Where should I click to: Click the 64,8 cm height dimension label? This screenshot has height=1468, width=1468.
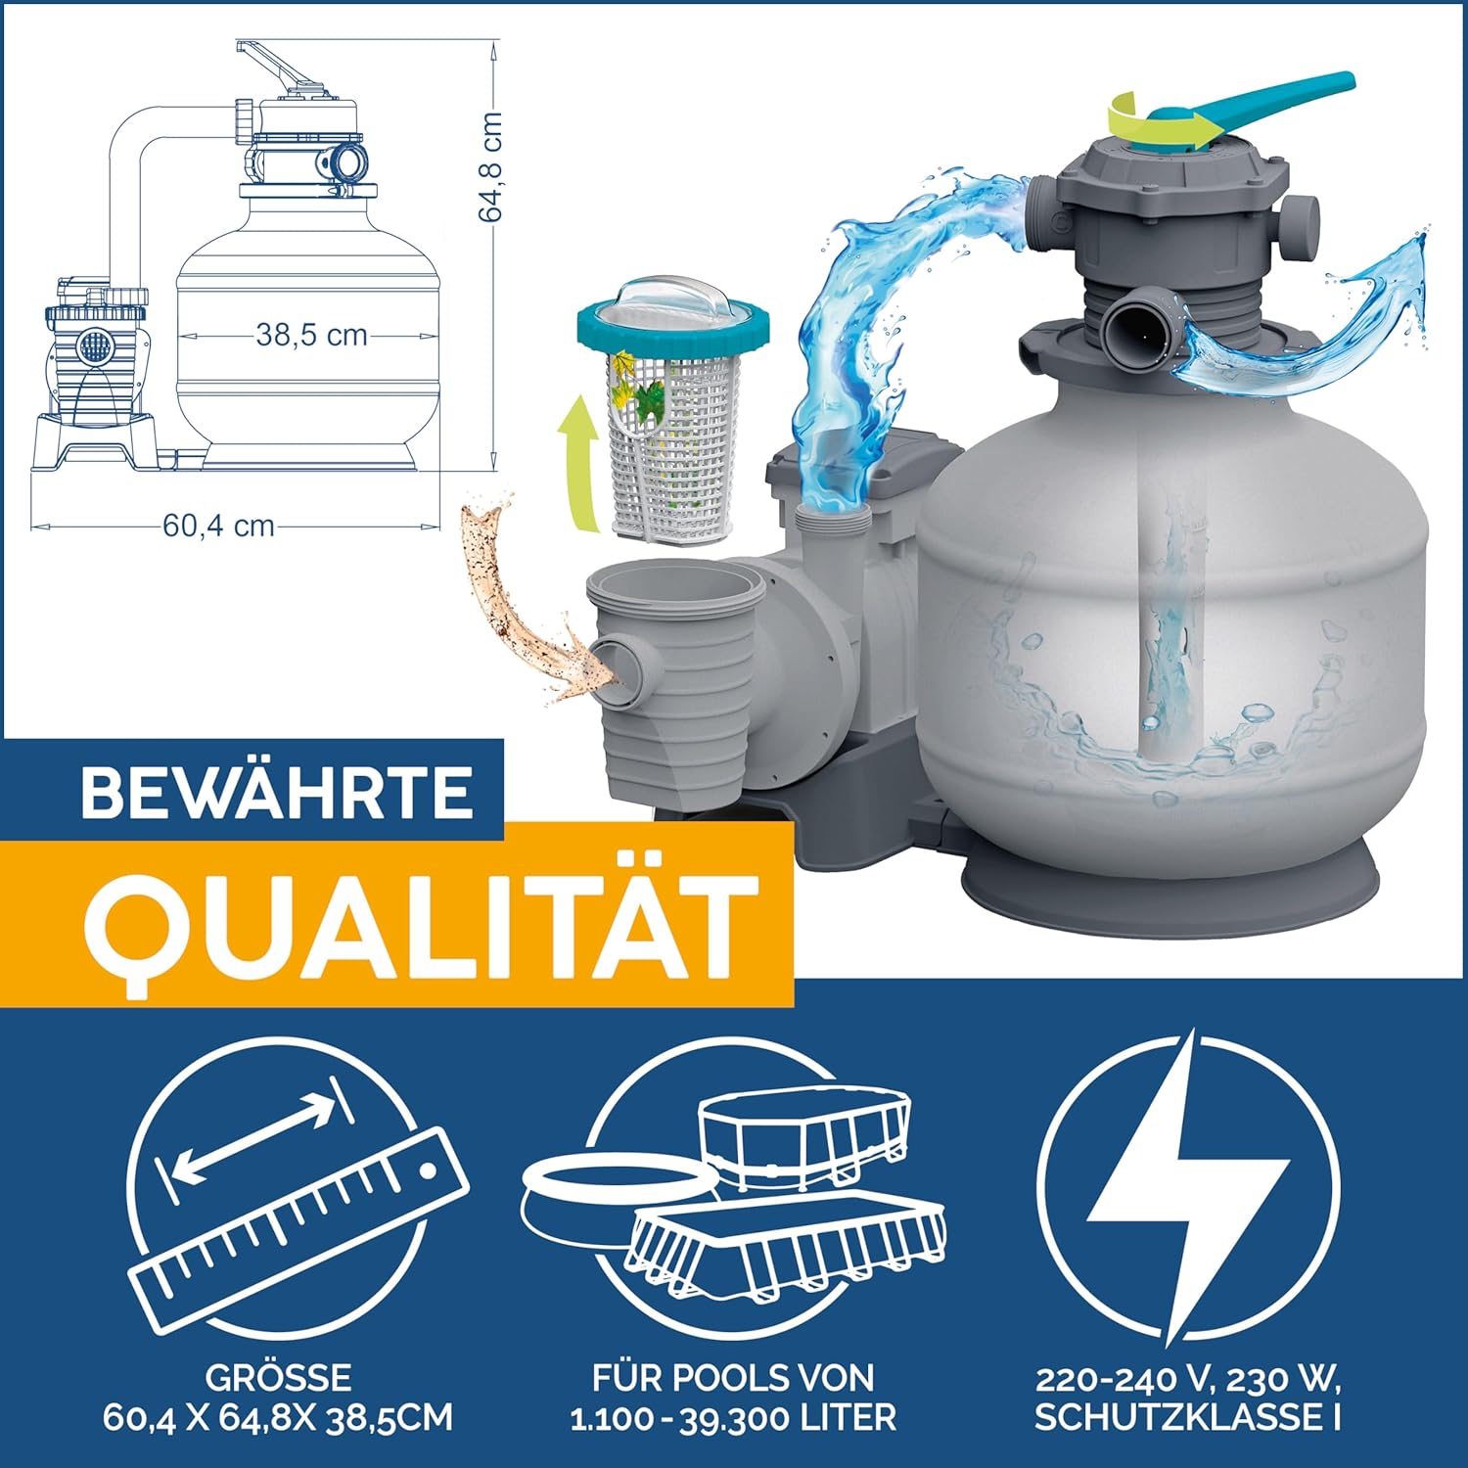(491, 166)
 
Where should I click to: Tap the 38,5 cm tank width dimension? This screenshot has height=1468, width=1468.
(312, 335)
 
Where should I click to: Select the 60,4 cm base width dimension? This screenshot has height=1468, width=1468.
(218, 526)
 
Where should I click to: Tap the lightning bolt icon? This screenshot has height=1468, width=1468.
(1187, 1186)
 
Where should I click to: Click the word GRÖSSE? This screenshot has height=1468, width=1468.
(278, 1378)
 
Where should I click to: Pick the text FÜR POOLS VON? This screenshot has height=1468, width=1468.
(733, 1378)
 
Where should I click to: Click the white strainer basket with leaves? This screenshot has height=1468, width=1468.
(672, 411)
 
